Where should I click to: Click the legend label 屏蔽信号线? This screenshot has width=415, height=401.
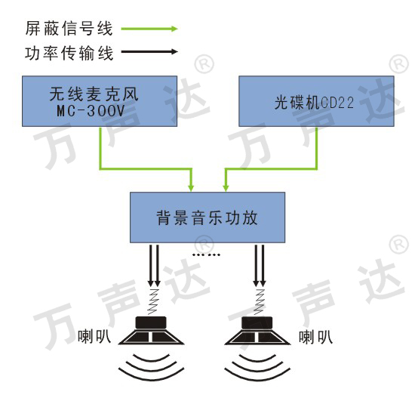[x=69, y=29]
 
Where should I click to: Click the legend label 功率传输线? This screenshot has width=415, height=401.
[x=69, y=53]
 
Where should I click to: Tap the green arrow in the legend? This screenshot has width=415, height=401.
[x=149, y=29]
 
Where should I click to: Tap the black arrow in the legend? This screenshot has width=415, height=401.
[x=149, y=51]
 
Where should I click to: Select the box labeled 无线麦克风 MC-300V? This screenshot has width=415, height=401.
[x=100, y=101]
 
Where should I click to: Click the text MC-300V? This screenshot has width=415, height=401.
[x=91, y=111]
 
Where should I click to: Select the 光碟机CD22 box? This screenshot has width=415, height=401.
[x=316, y=101]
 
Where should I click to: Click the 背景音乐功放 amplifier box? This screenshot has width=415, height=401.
[x=207, y=217]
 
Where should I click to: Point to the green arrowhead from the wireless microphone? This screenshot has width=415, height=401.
[x=191, y=188]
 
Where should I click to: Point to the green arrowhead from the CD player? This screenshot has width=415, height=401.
[x=226, y=188]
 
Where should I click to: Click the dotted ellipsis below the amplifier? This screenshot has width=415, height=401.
[x=206, y=254]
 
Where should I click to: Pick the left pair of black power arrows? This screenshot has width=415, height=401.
[x=154, y=266]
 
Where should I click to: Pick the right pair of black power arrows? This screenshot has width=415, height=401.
[x=260, y=266]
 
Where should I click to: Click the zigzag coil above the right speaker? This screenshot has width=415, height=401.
[x=260, y=301]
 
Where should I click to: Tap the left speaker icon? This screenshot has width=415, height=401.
[x=151, y=331]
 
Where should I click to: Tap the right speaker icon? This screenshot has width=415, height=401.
[x=257, y=331]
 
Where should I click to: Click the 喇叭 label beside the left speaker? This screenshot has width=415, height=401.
[x=94, y=337]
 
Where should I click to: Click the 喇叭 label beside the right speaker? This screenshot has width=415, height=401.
[x=315, y=337]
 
